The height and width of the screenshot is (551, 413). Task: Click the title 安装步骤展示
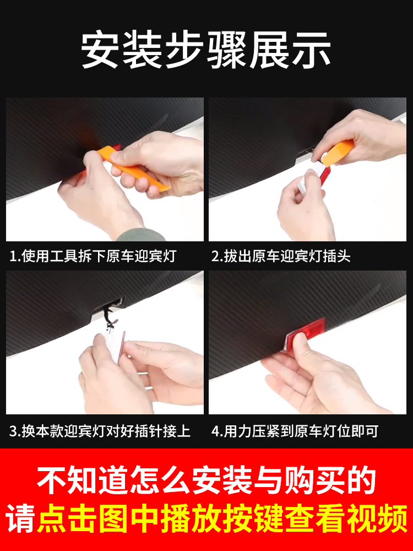(206, 51)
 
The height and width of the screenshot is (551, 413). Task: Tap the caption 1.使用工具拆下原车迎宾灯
(93, 256)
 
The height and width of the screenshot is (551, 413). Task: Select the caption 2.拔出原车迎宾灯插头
(281, 256)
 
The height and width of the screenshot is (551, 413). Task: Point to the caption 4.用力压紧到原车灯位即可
(295, 431)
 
